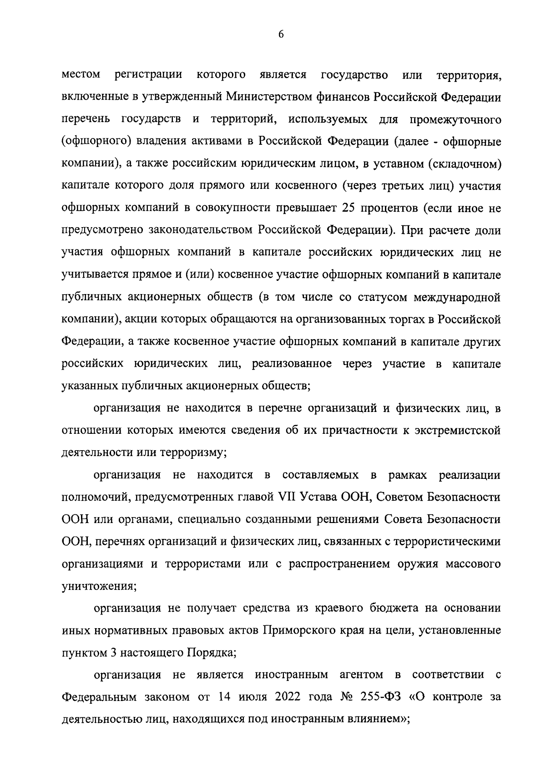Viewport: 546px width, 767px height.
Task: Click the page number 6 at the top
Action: [281, 35]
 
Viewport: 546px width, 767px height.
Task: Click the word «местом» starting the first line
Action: [81, 75]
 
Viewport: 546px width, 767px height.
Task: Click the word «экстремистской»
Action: [458, 431]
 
